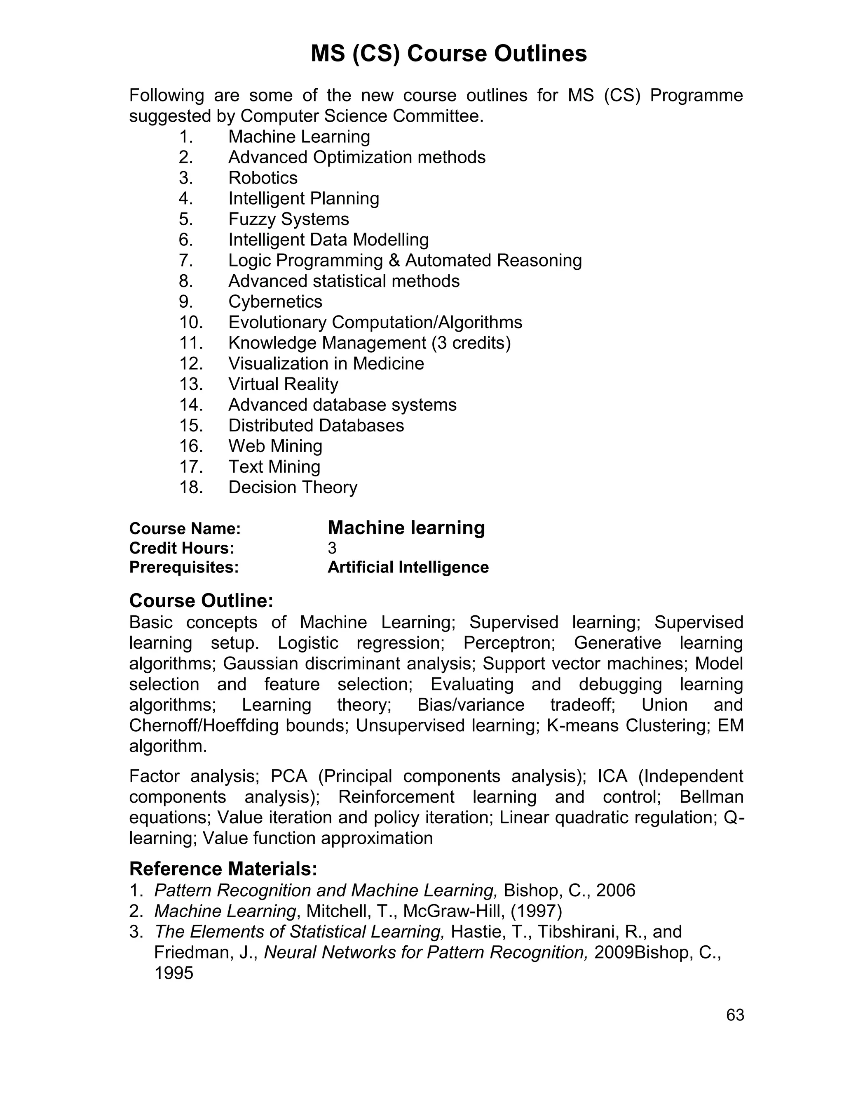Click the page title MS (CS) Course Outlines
pyautogui.click(x=448, y=54)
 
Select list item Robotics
pyautogui.click(x=263, y=178)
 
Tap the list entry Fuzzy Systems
pyautogui.click(x=288, y=219)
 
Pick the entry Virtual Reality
pyautogui.click(x=283, y=384)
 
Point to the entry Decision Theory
pyautogui.click(x=293, y=488)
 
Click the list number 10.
pyautogui.click(x=190, y=322)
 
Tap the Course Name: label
pyautogui.click(x=185, y=528)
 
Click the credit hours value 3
pyautogui.click(x=332, y=549)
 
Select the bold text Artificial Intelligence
pyautogui.click(x=408, y=568)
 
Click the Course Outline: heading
pyautogui.click(x=201, y=601)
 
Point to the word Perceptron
pyautogui.click(x=507, y=643)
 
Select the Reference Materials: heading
pyautogui.click(x=223, y=869)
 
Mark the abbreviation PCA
pyautogui.click(x=288, y=776)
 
